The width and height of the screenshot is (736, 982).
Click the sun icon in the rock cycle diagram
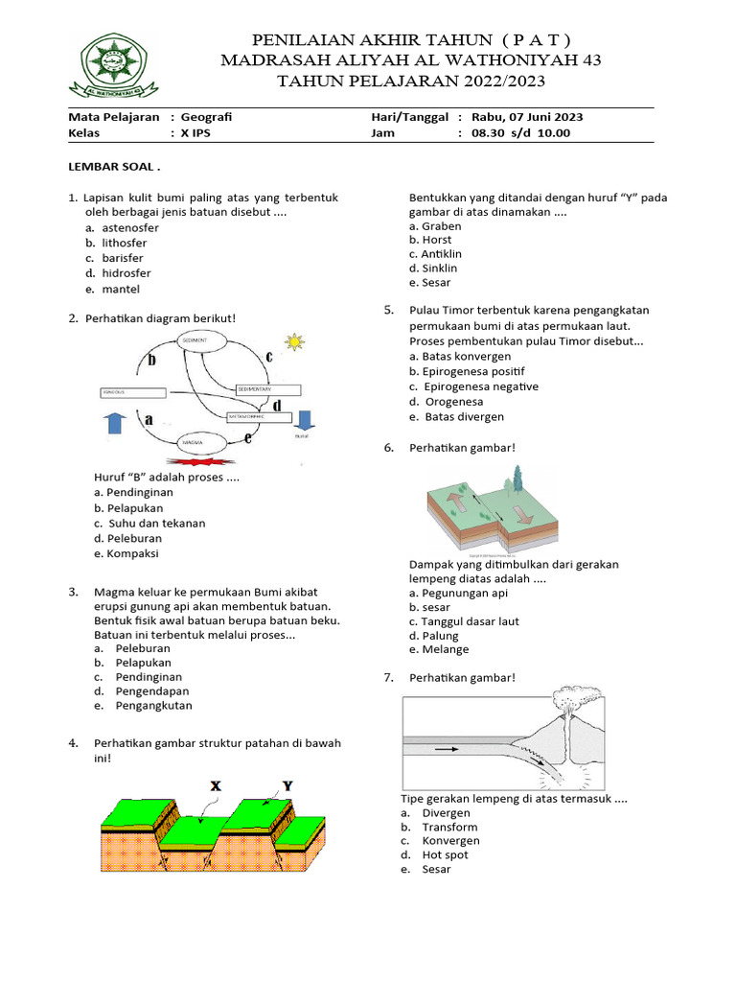[x=293, y=340]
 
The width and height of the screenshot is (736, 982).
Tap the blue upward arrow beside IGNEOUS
[x=113, y=422]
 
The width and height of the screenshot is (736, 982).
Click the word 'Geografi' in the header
[x=206, y=117]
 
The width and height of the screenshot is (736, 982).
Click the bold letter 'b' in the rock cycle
[x=149, y=361]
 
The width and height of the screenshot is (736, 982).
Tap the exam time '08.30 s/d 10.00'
[x=520, y=133]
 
